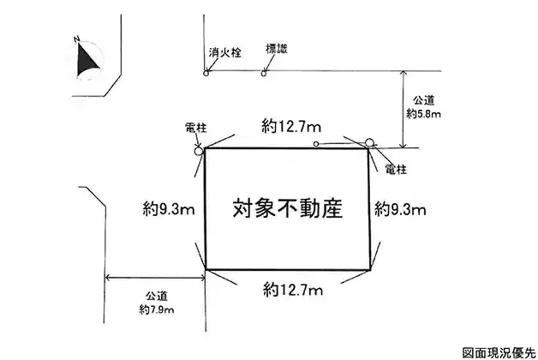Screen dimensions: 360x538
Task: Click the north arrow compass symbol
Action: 87,59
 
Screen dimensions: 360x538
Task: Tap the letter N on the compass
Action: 77,39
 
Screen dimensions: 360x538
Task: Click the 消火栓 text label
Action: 224,51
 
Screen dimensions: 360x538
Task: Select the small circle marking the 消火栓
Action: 206,73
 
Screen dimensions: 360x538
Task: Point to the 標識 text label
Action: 276,49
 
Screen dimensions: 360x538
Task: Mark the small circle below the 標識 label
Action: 264,73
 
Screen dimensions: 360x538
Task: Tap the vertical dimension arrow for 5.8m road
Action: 403,111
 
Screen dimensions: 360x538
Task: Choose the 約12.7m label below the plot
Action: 293,287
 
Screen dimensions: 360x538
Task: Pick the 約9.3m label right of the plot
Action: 401,207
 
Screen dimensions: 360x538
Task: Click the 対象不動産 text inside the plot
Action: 287,208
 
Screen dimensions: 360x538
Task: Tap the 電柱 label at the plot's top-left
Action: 195,128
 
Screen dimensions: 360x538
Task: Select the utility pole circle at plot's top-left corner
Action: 199,150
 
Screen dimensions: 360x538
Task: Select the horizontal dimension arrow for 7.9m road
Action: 154,277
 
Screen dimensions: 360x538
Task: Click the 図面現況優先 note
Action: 498,351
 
